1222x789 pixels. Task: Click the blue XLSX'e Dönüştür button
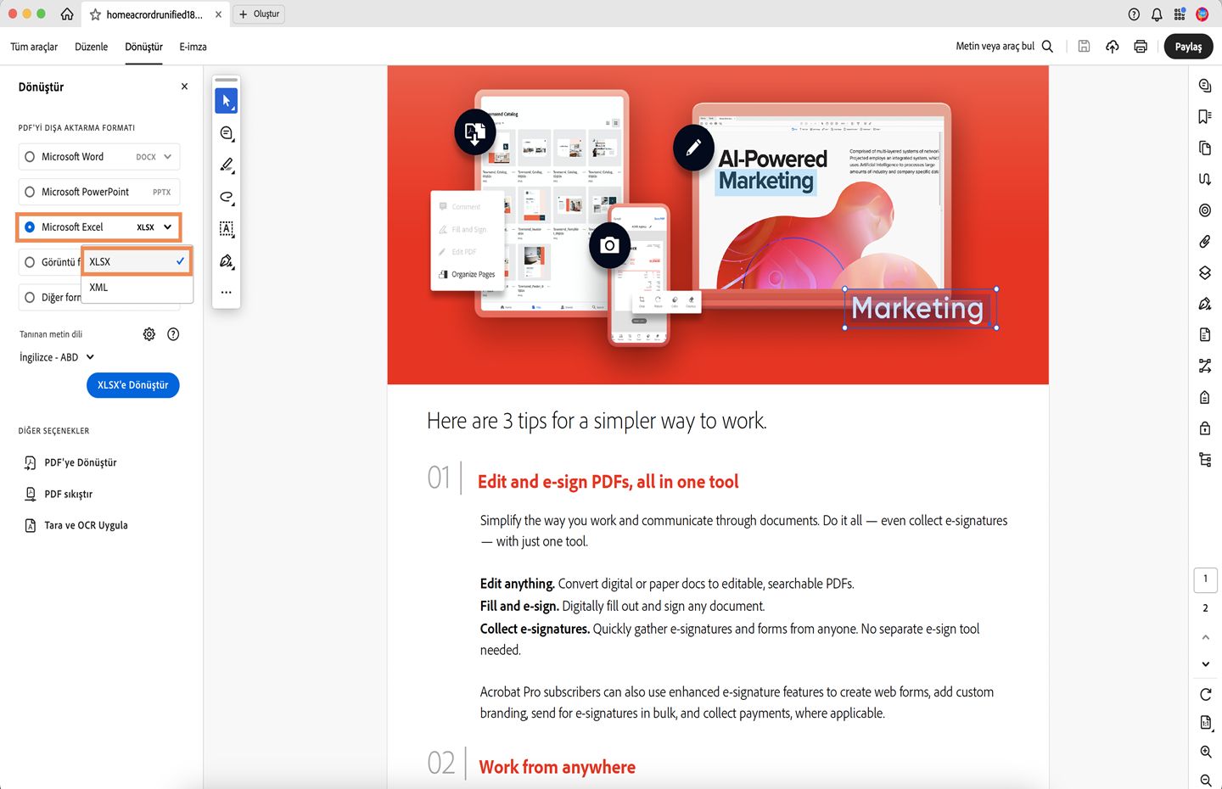coord(132,385)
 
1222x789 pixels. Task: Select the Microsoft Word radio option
coord(31,157)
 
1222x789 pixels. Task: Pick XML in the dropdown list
coord(99,288)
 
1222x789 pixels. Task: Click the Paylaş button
coord(1188,47)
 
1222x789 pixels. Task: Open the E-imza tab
coord(193,47)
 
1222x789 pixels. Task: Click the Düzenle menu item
coord(91,47)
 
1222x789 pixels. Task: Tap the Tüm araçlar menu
coord(34,47)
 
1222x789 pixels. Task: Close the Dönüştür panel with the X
coord(184,87)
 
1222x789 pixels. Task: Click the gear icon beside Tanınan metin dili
coord(149,334)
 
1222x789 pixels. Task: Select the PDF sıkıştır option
coord(68,494)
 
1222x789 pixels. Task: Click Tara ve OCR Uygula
coord(86,525)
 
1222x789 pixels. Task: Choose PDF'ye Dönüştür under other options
coord(80,462)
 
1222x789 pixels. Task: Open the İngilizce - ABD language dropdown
coord(57,357)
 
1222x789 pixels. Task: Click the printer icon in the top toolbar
coord(1141,47)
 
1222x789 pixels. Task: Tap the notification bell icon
coord(1157,14)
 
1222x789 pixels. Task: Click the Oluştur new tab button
coord(259,14)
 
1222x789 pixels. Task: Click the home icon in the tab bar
coord(67,14)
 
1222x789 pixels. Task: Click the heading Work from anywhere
coord(557,767)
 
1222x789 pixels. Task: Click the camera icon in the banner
coord(609,245)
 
